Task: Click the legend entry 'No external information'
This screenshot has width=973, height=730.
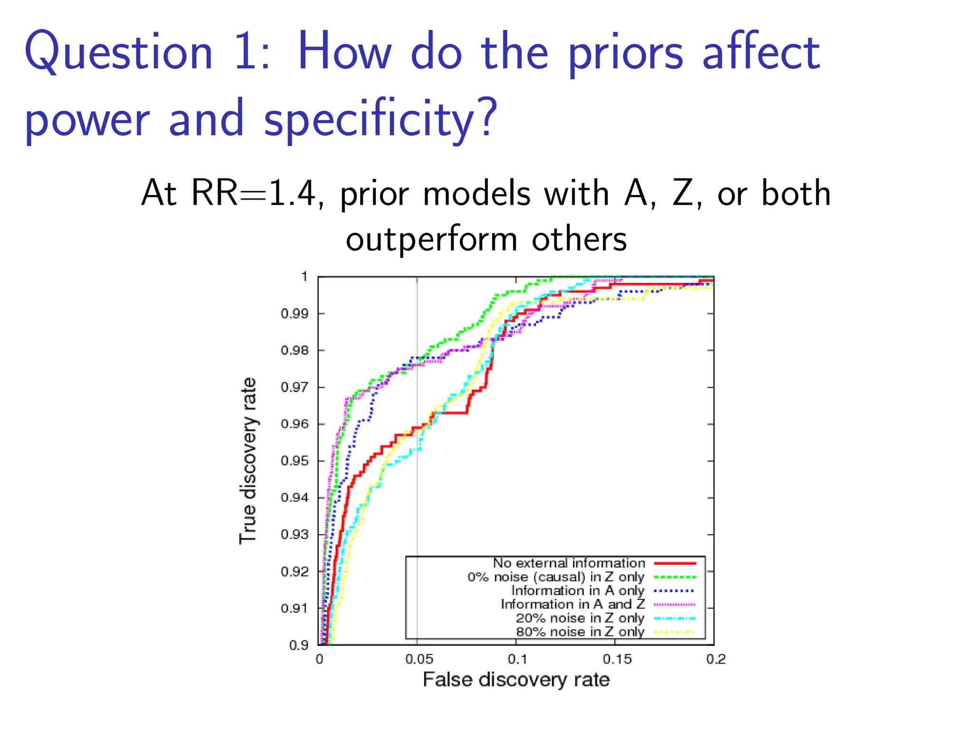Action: tap(569, 563)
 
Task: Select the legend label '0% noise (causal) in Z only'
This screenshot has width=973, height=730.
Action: tap(556, 577)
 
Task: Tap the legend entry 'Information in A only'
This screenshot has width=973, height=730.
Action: tap(578, 591)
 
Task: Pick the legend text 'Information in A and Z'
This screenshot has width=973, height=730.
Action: tap(572, 605)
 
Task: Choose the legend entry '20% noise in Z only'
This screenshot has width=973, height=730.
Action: tap(580, 618)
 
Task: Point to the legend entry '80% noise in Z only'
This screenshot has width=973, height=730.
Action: tap(580, 632)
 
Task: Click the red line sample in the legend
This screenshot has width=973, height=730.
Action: tap(675, 563)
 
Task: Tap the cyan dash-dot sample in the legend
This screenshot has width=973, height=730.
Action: tap(675, 618)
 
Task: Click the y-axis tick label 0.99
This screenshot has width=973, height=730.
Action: tap(294, 314)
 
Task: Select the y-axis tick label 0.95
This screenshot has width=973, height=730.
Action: tap(294, 461)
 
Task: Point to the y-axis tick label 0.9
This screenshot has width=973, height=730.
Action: tap(299, 645)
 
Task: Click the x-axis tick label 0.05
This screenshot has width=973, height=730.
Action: tap(419, 660)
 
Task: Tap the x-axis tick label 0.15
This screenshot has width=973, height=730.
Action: tap(617, 660)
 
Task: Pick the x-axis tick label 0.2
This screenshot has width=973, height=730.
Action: tap(716, 660)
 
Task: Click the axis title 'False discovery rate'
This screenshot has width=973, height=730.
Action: tap(516, 680)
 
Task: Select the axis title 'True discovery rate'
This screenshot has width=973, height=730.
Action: tap(248, 461)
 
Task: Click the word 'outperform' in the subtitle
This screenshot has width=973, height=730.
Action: tap(431, 240)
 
